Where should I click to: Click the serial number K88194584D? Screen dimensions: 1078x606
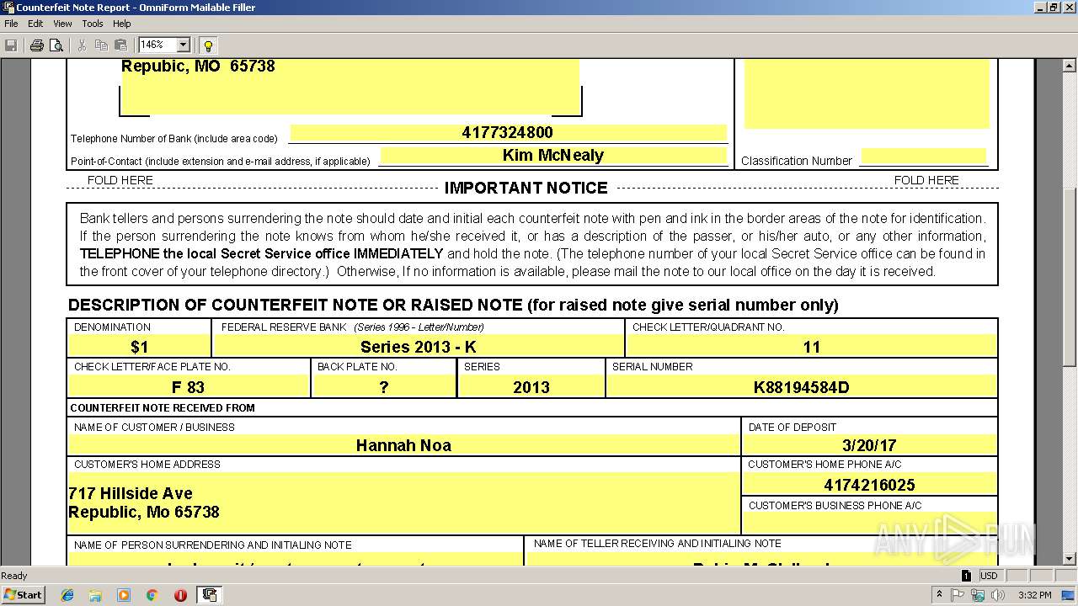tap(801, 387)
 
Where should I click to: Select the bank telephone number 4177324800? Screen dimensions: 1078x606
tap(507, 132)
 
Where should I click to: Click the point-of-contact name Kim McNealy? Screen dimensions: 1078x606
tap(552, 155)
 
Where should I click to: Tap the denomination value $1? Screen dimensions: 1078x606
tap(139, 347)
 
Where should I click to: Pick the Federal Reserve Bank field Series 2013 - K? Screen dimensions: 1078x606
tap(418, 347)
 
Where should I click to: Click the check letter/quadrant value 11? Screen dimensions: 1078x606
tap(811, 347)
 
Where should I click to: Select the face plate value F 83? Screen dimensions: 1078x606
tap(188, 387)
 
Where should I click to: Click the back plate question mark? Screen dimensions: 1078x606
tap(384, 387)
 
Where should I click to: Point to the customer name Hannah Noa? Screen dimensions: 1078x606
tap(403, 445)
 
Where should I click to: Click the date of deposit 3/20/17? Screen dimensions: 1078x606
tap(868, 445)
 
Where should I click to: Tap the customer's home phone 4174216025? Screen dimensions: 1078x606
tap(869, 485)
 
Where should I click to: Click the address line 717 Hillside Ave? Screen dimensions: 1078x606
tap(131, 493)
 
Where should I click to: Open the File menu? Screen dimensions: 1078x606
tap(11, 24)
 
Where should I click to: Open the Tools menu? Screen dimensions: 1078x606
tap(93, 24)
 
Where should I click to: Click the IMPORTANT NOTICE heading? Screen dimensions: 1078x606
tap(526, 188)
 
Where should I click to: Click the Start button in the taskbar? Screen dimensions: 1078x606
tap(23, 595)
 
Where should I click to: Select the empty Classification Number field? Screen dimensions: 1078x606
tap(923, 157)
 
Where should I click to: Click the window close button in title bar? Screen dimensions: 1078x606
tap(1069, 7)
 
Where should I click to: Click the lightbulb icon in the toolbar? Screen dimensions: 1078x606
tap(208, 45)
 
